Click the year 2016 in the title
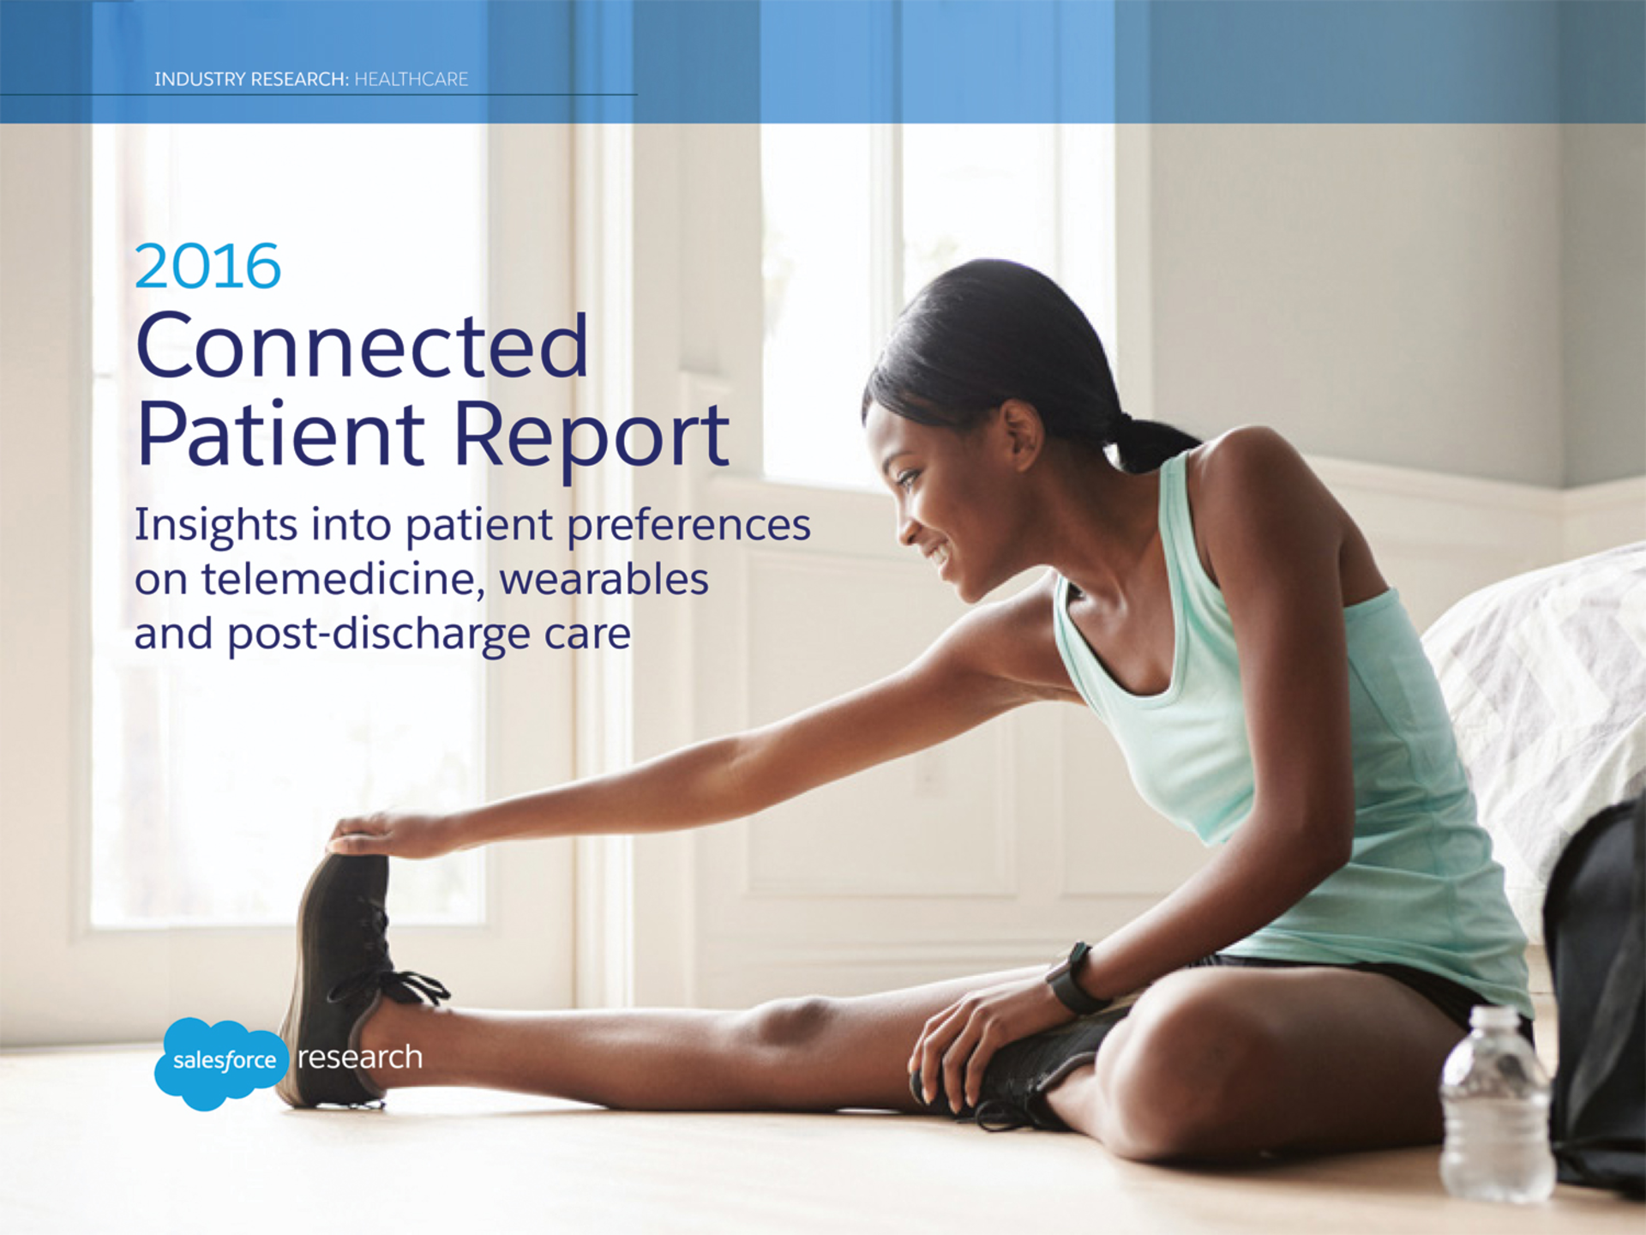coord(207,267)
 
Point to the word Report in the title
coord(592,436)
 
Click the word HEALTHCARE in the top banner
coord(411,80)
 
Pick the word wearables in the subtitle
coord(604,579)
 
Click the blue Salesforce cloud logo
coord(221,1063)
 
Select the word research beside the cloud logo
coord(360,1057)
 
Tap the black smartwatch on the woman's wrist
coord(1072,979)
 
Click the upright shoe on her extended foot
coord(339,978)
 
